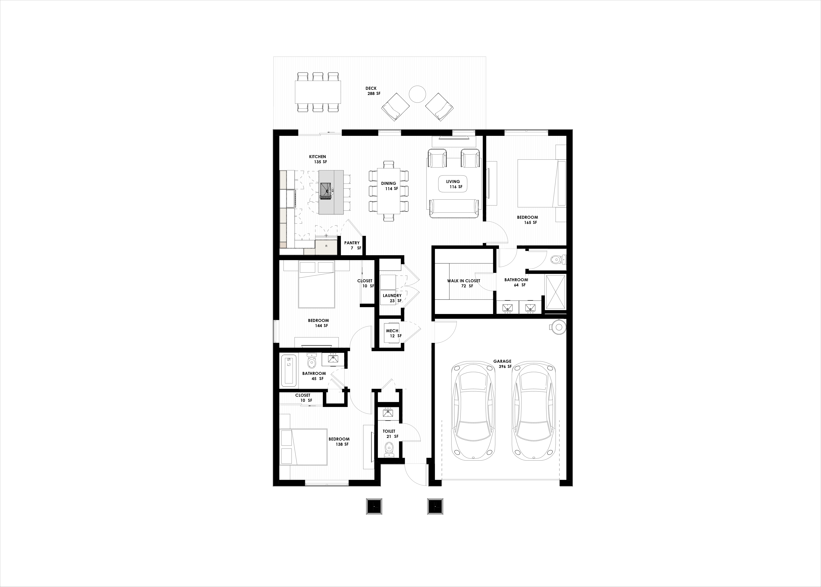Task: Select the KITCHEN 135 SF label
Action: tap(318, 159)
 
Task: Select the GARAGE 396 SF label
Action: tap(503, 364)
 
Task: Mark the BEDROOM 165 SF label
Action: tap(528, 220)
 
